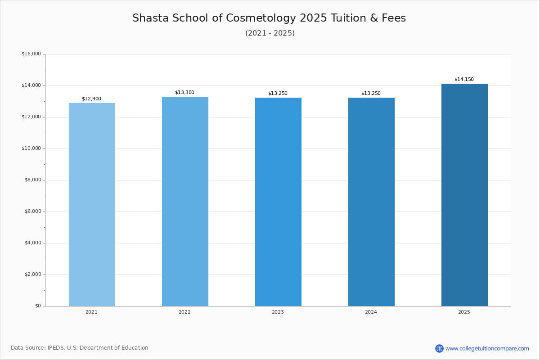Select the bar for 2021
click(x=92, y=205)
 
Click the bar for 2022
click(x=185, y=202)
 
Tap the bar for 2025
click(x=464, y=195)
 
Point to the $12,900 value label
click(x=92, y=99)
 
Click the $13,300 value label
click(x=184, y=92)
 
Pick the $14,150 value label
click(x=464, y=79)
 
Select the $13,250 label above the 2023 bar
click(x=278, y=93)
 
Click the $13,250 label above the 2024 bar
click(x=371, y=93)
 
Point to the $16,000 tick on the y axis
click(x=31, y=54)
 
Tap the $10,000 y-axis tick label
click(x=31, y=148)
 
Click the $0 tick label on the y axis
click(x=38, y=306)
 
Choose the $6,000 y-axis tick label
click(x=33, y=211)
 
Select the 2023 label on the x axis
click(x=278, y=312)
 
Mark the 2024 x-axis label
click(x=371, y=312)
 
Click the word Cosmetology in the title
click(x=261, y=18)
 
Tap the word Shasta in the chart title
click(x=151, y=18)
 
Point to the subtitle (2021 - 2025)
click(x=270, y=33)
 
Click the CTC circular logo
click(x=439, y=348)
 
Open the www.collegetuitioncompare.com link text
click(x=487, y=349)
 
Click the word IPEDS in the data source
click(x=56, y=348)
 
